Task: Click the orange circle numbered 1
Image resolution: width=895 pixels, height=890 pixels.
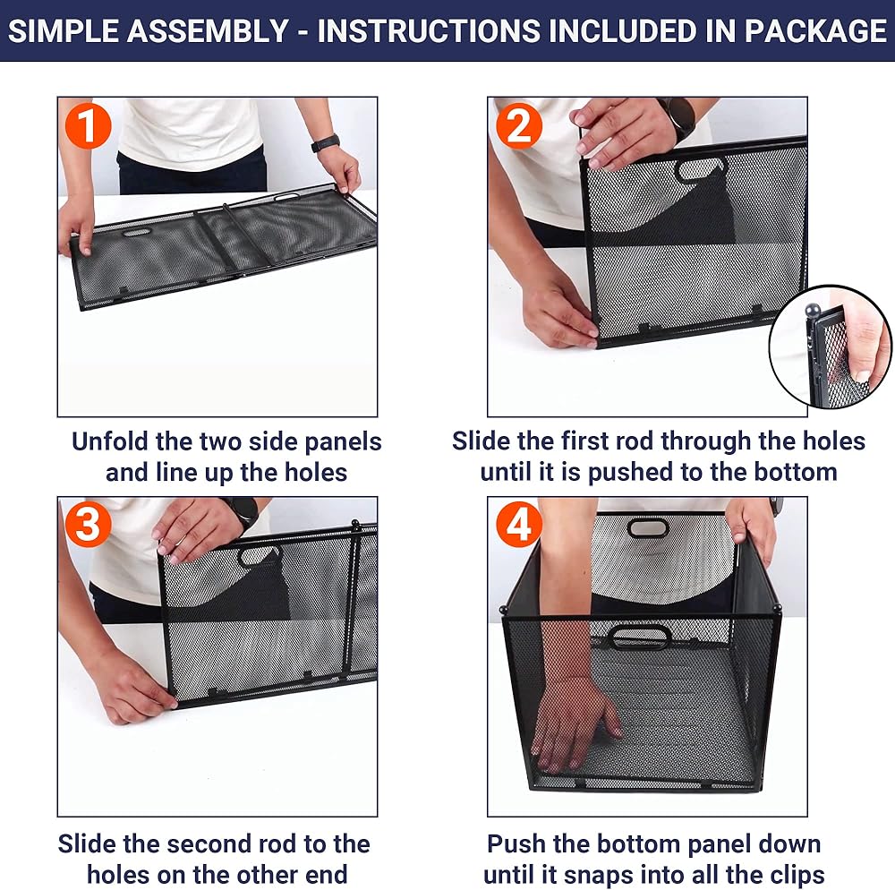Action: pos(88,126)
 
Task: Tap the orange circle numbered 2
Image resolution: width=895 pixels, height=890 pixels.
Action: pos(518,126)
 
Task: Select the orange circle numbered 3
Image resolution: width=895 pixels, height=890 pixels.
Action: pos(88,525)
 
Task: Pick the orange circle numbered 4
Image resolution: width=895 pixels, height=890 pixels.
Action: pos(518,525)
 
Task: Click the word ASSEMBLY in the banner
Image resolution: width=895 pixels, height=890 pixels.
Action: pos(208,30)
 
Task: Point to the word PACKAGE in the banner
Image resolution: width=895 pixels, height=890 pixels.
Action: pos(815,30)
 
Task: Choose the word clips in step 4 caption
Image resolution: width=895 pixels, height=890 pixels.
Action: pos(797,875)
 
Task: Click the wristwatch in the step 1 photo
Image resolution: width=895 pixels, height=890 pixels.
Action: pos(326,142)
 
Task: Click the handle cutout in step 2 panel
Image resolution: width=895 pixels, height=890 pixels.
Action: pos(700,169)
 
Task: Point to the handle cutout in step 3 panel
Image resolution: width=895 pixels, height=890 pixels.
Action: pos(260,553)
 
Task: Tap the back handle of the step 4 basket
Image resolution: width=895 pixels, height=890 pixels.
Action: pos(647,527)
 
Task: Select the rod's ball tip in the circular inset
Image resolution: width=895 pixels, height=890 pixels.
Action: pos(812,311)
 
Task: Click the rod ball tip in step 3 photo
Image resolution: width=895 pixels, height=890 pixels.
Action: pos(355,523)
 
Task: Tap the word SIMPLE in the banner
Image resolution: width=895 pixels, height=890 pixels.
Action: pos(63,30)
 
